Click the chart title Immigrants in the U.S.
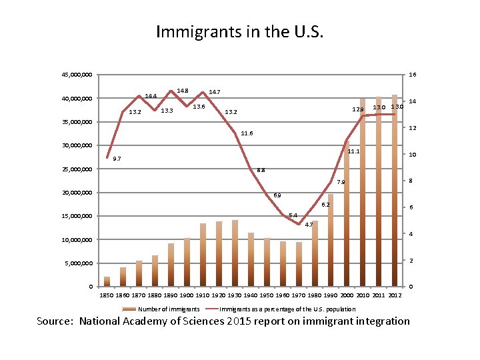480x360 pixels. (x=239, y=31)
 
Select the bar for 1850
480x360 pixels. (x=107, y=281)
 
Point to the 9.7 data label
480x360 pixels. (x=117, y=159)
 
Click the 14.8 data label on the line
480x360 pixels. (x=182, y=91)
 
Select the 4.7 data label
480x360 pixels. (x=308, y=225)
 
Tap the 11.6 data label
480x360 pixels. (x=247, y=133)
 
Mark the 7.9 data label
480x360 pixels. (x=341, y=182)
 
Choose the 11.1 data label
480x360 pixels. (x=353, y=151)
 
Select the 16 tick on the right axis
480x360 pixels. (x=413, y=75)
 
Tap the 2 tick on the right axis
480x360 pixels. (x=411, y=260)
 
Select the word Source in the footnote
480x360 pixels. (x=55, y=321)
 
